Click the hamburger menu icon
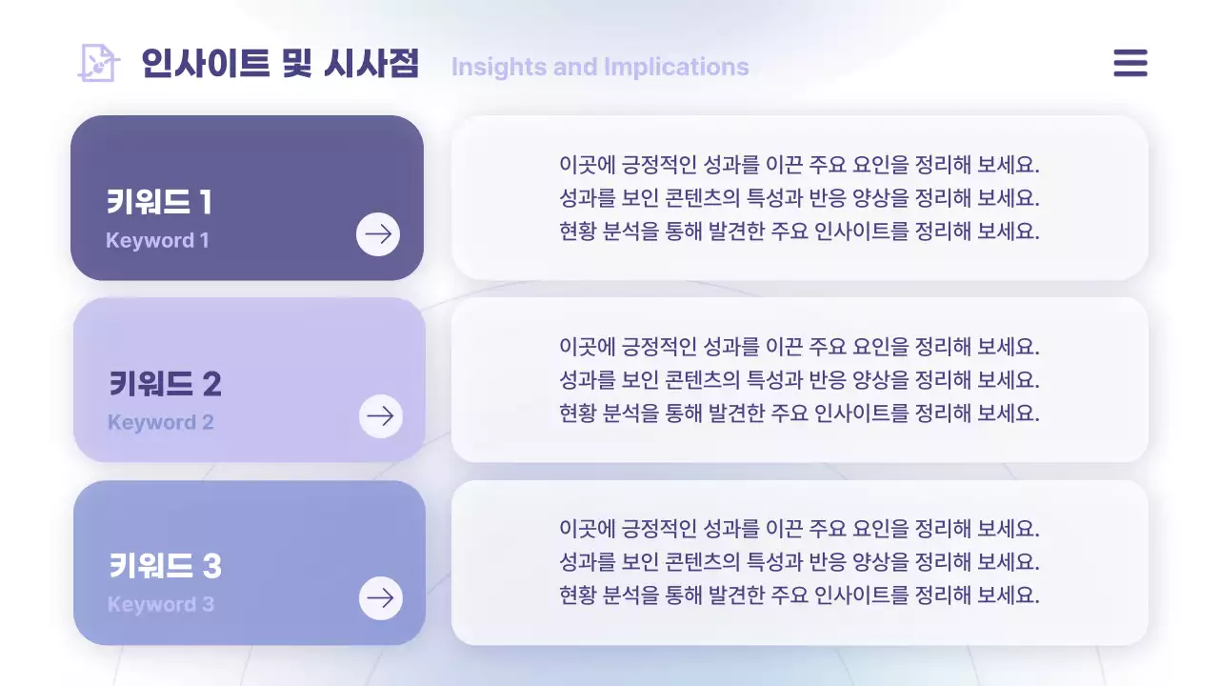(x=1130, y=63)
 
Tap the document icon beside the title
(x=98, y=63)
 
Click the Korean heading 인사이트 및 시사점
(x=280, y=64)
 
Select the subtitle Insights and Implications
(x=600, y=67)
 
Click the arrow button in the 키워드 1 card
(x=378, y=234)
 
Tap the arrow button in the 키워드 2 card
(x=381, y=416)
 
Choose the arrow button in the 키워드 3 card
(x=381, y=598)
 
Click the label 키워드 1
(x=159, y=202)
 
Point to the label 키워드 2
(x=165, y=384)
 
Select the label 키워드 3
(x=165, y=566)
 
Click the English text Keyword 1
(x=157, y=240)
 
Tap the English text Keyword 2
(x=160, y=422)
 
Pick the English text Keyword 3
(x=160, y=604)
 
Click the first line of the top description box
(x=799, y=165)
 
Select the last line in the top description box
(x=799, y=232)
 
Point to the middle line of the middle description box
(x=799, y=380)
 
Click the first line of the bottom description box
(x=799, y=529)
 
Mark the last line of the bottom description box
(x=799, y=595)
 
